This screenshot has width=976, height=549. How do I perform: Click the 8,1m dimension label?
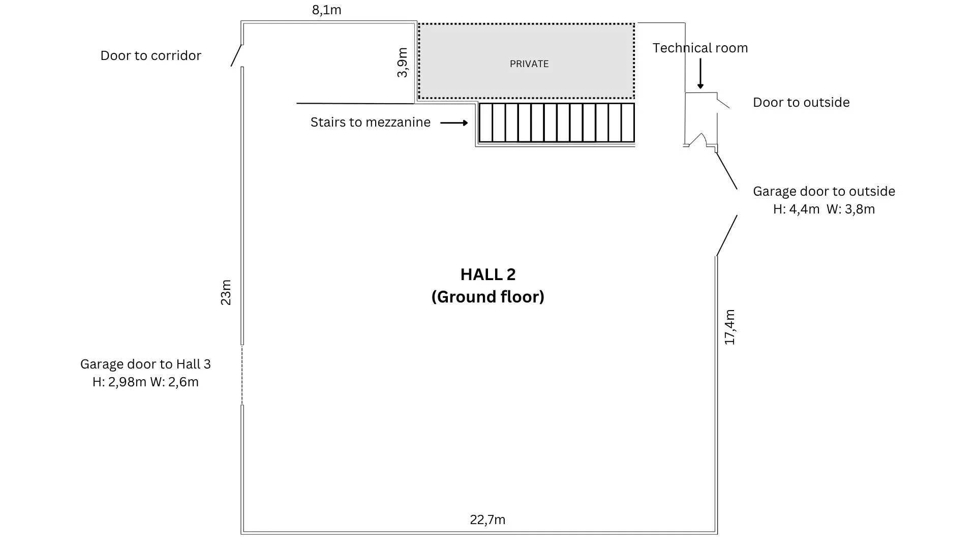[326, 10]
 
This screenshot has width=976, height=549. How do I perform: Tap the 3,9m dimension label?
[402, 63]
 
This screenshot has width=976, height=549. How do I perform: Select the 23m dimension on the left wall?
[226, 292]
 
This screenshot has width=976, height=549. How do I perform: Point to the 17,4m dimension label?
[729, 327]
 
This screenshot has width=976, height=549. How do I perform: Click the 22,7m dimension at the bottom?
[487, 520]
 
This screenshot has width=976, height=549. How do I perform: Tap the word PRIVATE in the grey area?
[529, 64]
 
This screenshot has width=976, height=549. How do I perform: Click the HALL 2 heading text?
[488, 274]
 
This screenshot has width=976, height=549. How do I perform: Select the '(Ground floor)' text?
[488, 297]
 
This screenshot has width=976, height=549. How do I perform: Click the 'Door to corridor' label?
[150, 55]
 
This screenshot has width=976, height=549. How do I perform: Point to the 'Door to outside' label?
[801, 102]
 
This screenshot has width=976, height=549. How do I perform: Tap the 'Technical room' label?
[700, 48]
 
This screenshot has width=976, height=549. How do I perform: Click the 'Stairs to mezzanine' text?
[371, 122]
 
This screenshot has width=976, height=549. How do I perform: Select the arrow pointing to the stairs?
[454, 123]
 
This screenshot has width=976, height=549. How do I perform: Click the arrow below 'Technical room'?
[700, 74]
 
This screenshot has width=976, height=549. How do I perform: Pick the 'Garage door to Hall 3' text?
[145, 364]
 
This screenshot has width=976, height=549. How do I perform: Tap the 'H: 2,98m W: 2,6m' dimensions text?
[145, 382]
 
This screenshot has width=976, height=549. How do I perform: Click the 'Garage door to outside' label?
[824, 191]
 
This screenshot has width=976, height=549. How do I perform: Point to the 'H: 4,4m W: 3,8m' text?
[824, 209]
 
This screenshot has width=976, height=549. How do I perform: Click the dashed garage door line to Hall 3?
[242, 375]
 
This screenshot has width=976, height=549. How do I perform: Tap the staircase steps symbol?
[557, 123]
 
